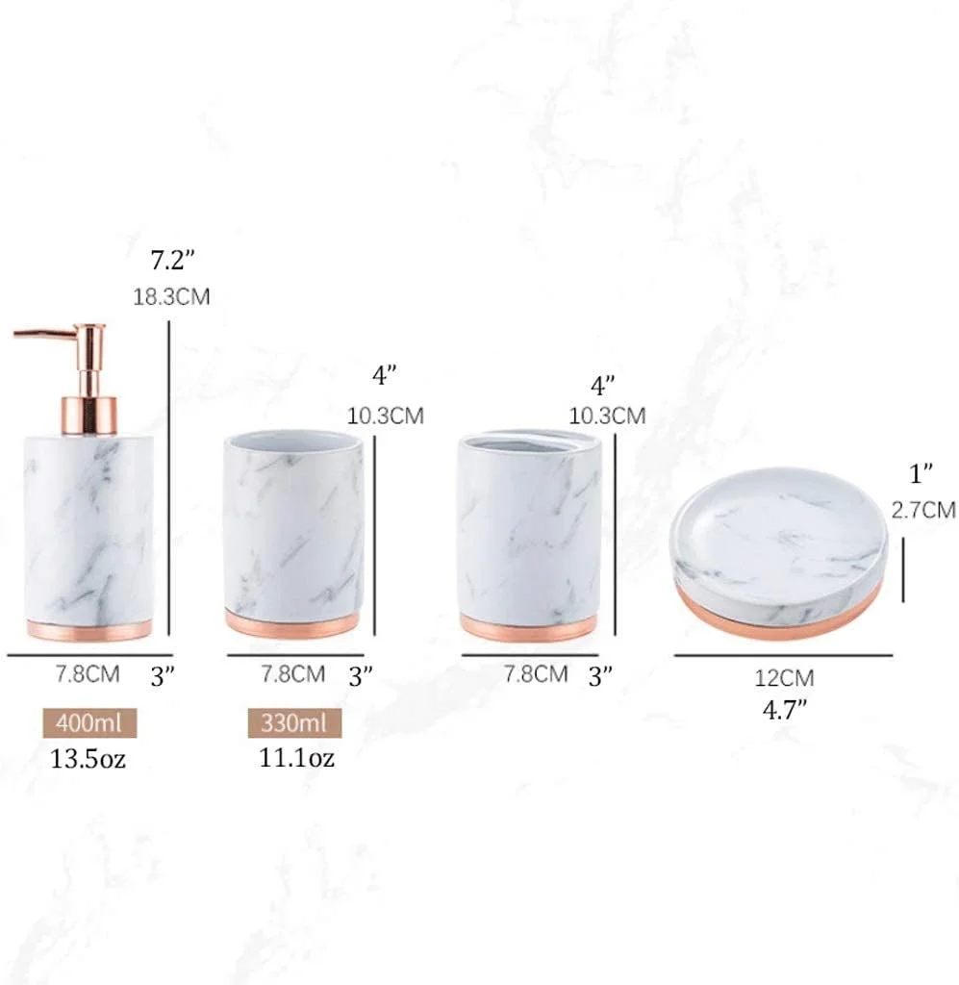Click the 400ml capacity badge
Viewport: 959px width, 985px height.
tap(89, 723)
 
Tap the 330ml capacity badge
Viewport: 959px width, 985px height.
tap(294, 723)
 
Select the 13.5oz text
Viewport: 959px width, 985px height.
tap(88, 759)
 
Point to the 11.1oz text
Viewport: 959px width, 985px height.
tap(296, 758)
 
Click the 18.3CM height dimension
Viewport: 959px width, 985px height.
tap(171, 296)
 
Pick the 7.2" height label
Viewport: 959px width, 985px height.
tap(173, 260)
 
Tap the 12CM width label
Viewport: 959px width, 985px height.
tap(784, 678)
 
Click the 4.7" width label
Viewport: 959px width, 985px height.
tap(784, 711)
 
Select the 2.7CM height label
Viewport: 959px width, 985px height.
tap(923, 510)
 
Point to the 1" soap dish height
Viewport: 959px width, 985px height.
tap(921, 474)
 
